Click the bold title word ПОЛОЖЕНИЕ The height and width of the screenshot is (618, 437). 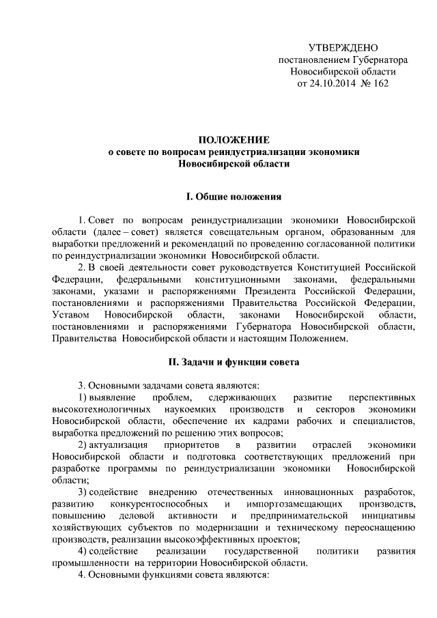pyautogui.click(x=234, y=139)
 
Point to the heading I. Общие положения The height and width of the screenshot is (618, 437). pyautogui.click(x=234, y=197)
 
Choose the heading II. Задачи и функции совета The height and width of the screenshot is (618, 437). pyautogui.click(x=234, y=360)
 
